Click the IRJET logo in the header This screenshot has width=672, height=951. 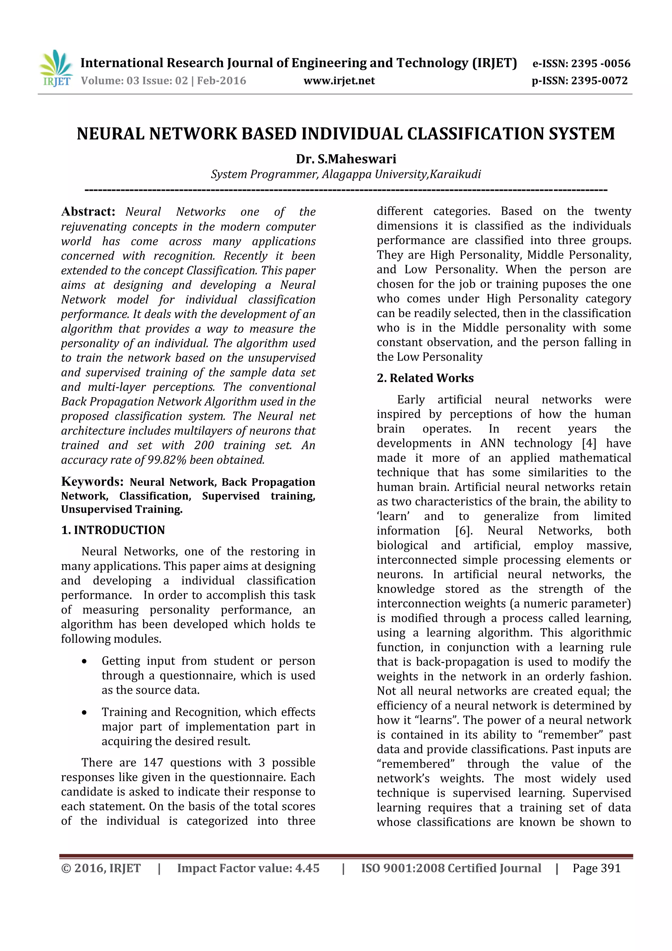(56, 68)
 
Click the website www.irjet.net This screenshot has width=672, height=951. (339, 81)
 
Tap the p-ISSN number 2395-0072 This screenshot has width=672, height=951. (599, 81)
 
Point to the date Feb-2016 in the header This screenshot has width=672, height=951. (221, 81)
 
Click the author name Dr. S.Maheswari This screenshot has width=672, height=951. (346, 159)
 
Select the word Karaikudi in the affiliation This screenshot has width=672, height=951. (455, 174)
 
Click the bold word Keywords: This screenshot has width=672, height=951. (92, 481)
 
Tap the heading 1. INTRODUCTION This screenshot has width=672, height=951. (113, 530)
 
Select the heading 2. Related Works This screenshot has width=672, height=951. (425, 378)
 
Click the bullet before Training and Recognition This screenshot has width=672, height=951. (84, 713)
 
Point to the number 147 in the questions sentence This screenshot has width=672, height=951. (153, 762)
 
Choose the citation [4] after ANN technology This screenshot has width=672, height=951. (589, 443)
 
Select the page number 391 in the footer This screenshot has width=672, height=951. (611, 868)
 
